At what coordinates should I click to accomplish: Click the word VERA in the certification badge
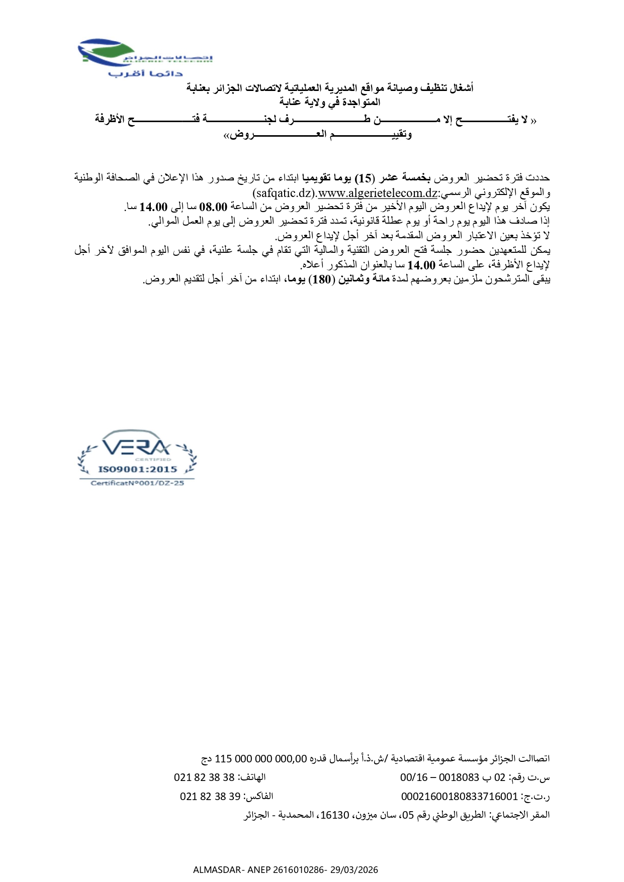click(x=136, y=446)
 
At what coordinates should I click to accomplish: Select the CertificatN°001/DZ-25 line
click(x=137, y=483)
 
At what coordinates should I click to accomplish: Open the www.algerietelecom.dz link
click(x=378, y=192)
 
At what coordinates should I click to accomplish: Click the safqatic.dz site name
click(x=285, y=192)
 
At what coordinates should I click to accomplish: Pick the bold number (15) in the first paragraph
click(x=365, y=178)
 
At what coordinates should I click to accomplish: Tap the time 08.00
click(x=213, y=207)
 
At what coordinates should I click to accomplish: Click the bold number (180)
click(x=321, y=279)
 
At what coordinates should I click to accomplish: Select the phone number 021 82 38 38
click(x=204, y=777)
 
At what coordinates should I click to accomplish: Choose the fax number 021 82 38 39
click(x=210, y=797)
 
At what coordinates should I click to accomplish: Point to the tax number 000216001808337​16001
click(x=459, y=797)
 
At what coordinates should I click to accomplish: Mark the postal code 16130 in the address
click(x=334, y=815)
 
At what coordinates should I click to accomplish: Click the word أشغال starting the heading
click(x=461, y=88)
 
